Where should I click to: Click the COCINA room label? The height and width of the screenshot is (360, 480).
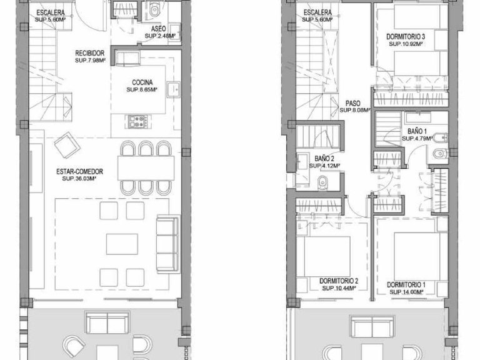click(142, 82)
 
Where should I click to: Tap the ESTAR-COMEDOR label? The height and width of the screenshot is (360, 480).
click(79, 171)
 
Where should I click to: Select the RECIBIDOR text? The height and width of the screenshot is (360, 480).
click(90, 53)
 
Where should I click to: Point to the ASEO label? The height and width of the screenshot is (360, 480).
click(159, 29)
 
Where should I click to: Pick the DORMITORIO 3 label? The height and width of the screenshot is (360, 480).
click(406, 37)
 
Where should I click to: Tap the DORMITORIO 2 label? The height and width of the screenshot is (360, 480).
click(339, 281)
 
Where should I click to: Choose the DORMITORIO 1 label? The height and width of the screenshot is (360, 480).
click(406, 285)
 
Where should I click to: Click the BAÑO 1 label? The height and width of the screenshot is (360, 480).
click(417, 131)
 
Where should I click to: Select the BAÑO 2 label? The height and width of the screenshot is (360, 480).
click(324, 159)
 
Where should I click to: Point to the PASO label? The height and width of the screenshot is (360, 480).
click(353, 104)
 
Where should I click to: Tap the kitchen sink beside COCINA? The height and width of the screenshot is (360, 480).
click(173, 89)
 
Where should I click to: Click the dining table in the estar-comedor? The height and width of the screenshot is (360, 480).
click(146, 168)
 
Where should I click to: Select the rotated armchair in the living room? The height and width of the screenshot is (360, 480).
click(67, 145)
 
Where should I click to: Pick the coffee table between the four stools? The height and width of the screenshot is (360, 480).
click(122, 244)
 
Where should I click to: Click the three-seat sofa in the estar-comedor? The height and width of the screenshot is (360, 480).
click(167, 244)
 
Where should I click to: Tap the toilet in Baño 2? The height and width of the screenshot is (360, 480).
click(322, 182)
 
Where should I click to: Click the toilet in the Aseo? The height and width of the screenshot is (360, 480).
click(154, 10)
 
